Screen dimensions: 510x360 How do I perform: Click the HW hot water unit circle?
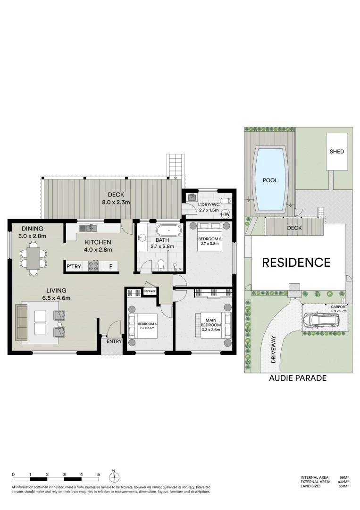point(226,214)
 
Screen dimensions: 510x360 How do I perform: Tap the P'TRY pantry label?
point(73,267)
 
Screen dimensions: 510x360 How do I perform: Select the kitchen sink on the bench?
point(88,229)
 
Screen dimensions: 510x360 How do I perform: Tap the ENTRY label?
point(114,341)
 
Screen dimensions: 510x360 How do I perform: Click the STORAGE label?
point(150,291)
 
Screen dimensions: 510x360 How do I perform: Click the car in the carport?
point(321,321)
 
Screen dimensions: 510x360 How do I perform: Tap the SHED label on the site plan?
point(337,152)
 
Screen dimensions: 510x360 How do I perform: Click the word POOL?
point(270,180)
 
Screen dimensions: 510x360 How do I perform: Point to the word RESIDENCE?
point(296,262)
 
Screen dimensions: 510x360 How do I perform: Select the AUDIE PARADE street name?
point(297,378)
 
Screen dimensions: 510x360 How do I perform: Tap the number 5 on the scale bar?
point(98,474)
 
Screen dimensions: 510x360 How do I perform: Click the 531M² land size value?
point(344,486)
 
